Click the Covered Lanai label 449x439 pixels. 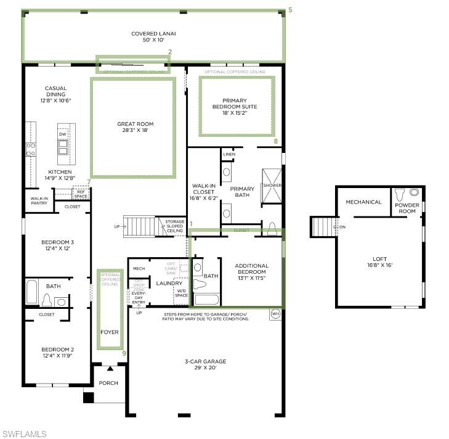click(153, 36)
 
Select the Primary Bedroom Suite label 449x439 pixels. click(235, 104)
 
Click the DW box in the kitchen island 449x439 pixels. click(62, 134)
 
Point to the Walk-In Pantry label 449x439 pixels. click(39, 201)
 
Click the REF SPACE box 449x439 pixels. click(81, 194)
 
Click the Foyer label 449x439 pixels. click(110, 332)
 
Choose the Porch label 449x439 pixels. click(108, 383)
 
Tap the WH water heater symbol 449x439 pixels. click(275, 314)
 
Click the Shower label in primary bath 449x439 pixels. click(272, 185)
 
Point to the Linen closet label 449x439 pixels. click(230, 154)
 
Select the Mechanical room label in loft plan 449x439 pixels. click(363, 202)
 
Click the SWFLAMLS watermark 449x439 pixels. click(23, 433)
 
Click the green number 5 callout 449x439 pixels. click(290, 10)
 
